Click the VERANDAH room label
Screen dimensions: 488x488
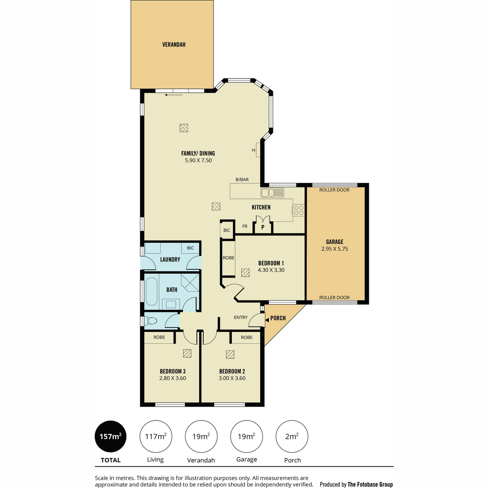click(174, 45)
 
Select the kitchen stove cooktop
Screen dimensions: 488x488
click(298, 210)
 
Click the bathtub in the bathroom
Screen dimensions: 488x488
click(152, 292)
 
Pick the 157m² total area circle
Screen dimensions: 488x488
click(111, 437)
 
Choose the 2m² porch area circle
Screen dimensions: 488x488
click(292, 437)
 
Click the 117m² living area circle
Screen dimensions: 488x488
click(156, 437)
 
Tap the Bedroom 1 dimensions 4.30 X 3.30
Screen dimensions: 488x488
click(271, 270)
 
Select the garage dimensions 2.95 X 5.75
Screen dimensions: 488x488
click(335, 249)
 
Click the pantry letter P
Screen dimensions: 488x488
click(263, 227)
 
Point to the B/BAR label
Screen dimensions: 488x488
click(242, 180)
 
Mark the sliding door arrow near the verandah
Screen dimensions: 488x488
click(174, 95)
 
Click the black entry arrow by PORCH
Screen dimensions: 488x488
click(267, 320)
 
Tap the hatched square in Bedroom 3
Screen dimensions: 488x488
click(187, 353)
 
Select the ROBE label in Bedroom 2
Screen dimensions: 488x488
click(247, 337)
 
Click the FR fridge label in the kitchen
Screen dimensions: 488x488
click(245, 226)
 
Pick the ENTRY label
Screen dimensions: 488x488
click(241, 317)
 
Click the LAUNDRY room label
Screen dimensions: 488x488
click(170, 259)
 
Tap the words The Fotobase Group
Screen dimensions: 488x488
click(370, 484)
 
